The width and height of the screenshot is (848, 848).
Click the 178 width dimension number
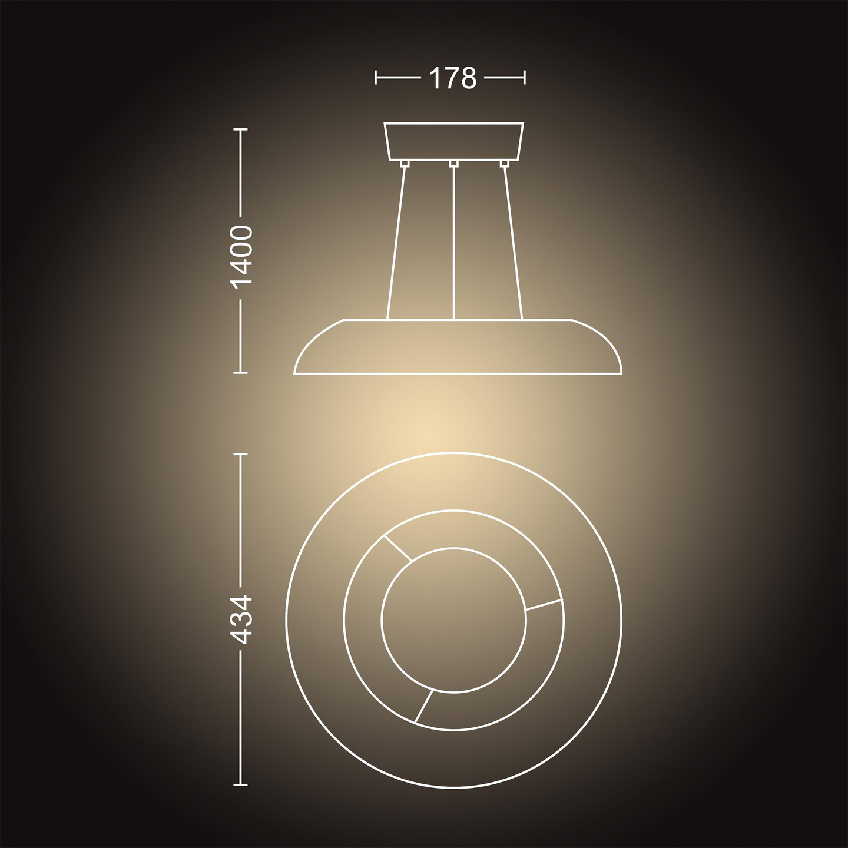tap(452, 78)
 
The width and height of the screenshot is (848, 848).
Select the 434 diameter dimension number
tap(242, 619)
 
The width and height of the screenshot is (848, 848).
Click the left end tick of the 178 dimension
tap(376, 77)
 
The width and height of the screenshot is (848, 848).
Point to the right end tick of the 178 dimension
tap(524, 77)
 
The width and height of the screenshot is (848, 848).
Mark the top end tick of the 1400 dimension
tap(240, 130)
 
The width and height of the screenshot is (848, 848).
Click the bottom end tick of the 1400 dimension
tap(240, 372)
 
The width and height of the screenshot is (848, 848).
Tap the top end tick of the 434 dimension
tap(240, 454)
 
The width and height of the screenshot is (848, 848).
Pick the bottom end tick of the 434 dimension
tap(240, 784)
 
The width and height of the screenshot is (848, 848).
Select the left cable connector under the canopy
tap(404, 163)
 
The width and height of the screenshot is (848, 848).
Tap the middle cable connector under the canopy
tap(453, 163)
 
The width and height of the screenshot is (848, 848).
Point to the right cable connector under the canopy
tap(503, 163)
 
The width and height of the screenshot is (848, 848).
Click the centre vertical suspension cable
tap(453, 241)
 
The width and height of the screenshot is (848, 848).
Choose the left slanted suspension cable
tap(396, 241)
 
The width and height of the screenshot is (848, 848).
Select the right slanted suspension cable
tap(512, 241)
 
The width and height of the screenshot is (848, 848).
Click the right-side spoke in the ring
tap(544, 605)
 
